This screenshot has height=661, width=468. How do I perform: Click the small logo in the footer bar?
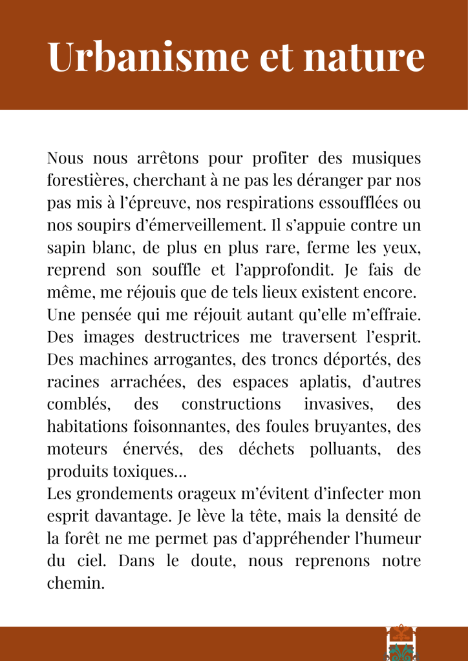coord(399,643)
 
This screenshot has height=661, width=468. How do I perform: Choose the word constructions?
coord(231,404)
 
